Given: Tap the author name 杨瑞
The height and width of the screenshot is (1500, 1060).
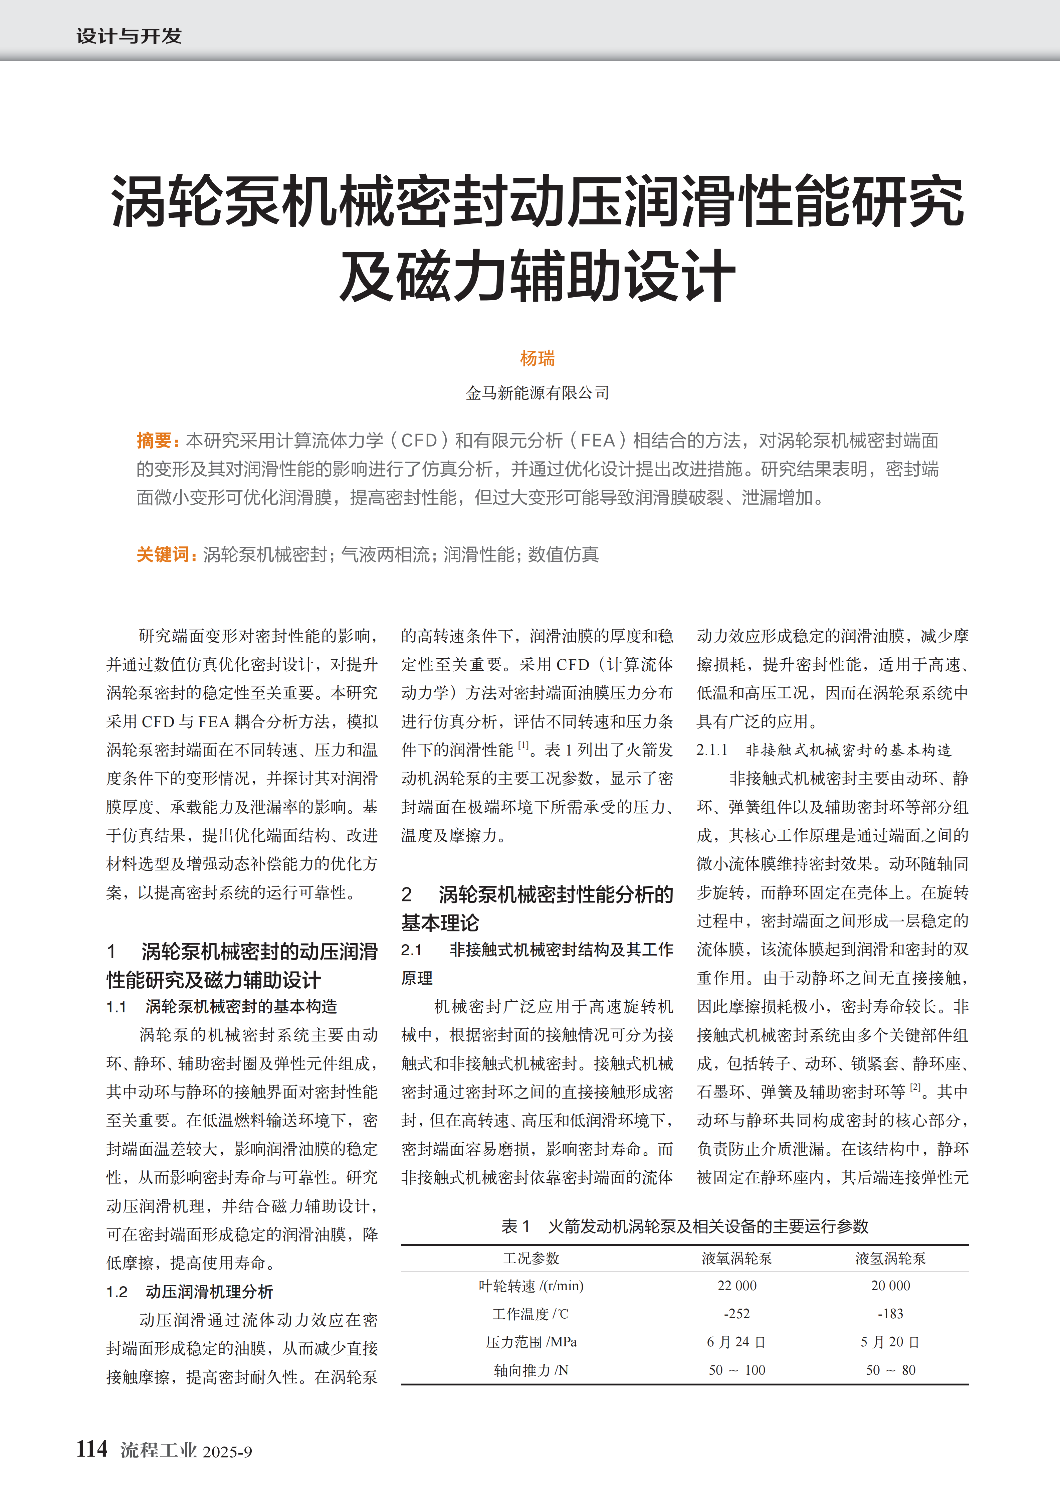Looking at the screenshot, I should (537, 358).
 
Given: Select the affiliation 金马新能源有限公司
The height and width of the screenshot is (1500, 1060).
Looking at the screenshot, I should (537, 393).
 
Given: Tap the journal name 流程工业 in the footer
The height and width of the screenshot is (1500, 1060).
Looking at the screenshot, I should (159, 1450).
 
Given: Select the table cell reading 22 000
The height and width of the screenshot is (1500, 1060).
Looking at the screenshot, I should (737, 1286).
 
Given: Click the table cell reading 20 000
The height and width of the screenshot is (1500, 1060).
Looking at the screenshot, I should (890, 1286).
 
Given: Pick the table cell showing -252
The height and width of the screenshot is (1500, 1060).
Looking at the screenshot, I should (737, 1314).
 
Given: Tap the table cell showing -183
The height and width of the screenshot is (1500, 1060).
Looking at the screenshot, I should (890, 1314).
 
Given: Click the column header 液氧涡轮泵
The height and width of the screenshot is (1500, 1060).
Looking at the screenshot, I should (737, 1258).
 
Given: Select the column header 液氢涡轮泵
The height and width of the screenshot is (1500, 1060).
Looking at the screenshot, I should (890, 1258).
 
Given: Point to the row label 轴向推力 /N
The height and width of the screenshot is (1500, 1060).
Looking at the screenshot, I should (531, 1370).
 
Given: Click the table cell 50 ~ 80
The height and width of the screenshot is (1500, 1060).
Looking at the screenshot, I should (890, 1370).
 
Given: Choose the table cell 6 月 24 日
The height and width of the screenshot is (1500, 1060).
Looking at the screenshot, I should (737, 1342).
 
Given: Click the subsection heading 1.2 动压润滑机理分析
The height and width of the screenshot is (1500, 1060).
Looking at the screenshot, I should (189, 1292).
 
